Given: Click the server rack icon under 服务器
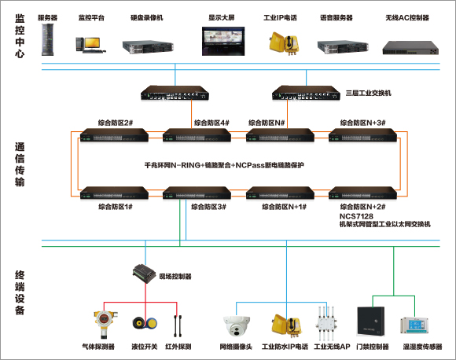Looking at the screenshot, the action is [48, 39].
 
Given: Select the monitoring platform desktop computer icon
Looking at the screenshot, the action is [90, 45].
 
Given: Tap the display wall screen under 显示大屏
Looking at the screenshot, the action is [223, 41].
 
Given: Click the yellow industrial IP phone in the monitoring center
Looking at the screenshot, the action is [284, 43].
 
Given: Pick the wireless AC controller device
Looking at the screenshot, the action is [410, 48].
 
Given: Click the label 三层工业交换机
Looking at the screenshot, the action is [368, 93].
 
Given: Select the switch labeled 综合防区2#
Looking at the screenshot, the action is [114, 135].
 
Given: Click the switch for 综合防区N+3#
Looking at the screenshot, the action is [362, 135].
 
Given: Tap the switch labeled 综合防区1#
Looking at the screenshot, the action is [114, 193].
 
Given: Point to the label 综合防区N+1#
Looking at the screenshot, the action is [284, 207].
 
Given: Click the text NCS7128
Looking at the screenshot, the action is [356, 216].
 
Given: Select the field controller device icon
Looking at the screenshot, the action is [144, 274].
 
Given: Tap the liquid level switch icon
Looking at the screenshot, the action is [145, 323].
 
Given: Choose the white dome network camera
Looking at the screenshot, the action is [237, 326].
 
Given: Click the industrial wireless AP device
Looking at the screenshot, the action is [326, 323].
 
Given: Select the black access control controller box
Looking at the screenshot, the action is [370, 321].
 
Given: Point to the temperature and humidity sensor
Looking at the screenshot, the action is [414, 325].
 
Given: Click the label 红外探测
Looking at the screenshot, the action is [178, 347].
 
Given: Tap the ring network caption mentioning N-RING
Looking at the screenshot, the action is [224, 165].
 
